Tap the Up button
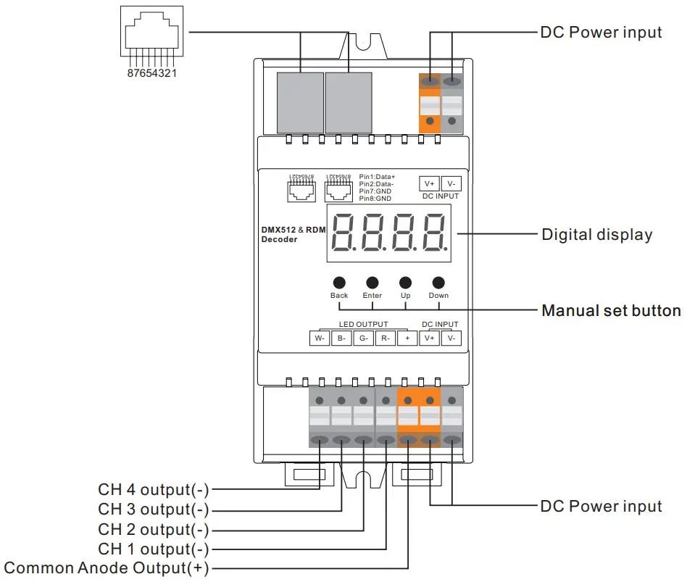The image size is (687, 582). coord(405,283)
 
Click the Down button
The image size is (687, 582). coord(438,283)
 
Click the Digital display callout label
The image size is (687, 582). coord(596,235)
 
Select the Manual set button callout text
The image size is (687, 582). coord(611,311)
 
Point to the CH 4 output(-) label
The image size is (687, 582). coord(154,491)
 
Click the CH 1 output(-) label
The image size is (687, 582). coord(154,549)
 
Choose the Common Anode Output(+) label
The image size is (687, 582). coord(107,568)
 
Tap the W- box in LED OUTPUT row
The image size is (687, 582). coord(319,338)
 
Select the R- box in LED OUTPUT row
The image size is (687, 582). coord(386,338)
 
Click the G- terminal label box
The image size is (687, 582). coord(363,338)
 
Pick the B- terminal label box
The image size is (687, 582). coord(341,338)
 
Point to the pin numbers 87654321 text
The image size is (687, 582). coord(151,74)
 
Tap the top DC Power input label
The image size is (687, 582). coord(601,33)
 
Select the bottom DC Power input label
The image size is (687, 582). coord(601,506)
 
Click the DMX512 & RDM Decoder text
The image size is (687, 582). coord(293,234)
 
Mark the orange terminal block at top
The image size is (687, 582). coord(430,103)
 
